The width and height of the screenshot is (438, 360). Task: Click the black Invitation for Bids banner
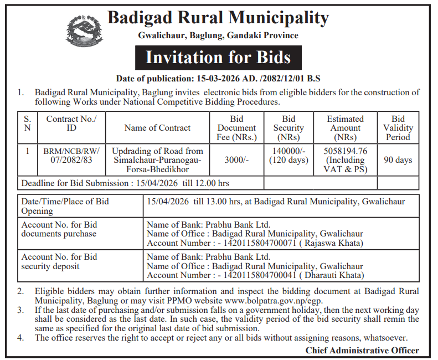[218, 58]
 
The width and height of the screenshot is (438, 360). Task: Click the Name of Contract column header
[157, 128]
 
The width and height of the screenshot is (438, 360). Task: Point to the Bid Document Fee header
[236, 128]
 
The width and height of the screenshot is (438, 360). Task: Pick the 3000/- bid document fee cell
[236, 160]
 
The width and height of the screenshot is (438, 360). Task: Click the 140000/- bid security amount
[288, 151]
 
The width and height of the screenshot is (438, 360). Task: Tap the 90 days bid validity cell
[398, 160]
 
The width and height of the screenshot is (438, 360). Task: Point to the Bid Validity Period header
[398, 128]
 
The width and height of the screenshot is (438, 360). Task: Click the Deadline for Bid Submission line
[125, 183]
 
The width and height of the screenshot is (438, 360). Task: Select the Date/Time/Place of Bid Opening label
[65, 206]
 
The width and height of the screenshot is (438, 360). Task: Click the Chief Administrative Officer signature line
[362, 350]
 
